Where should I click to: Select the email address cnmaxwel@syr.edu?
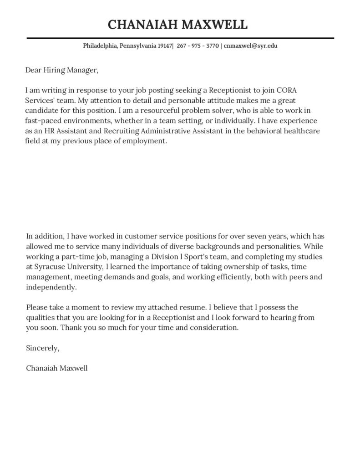pyautogui.click(x=250, y=46)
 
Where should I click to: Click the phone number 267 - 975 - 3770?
pyautogui.click(x=197, y=46)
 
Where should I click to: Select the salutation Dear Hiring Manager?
pyautogui.click(x=62, y=70)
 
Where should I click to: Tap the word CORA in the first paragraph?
pyautogui.click(x=275, y=90)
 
